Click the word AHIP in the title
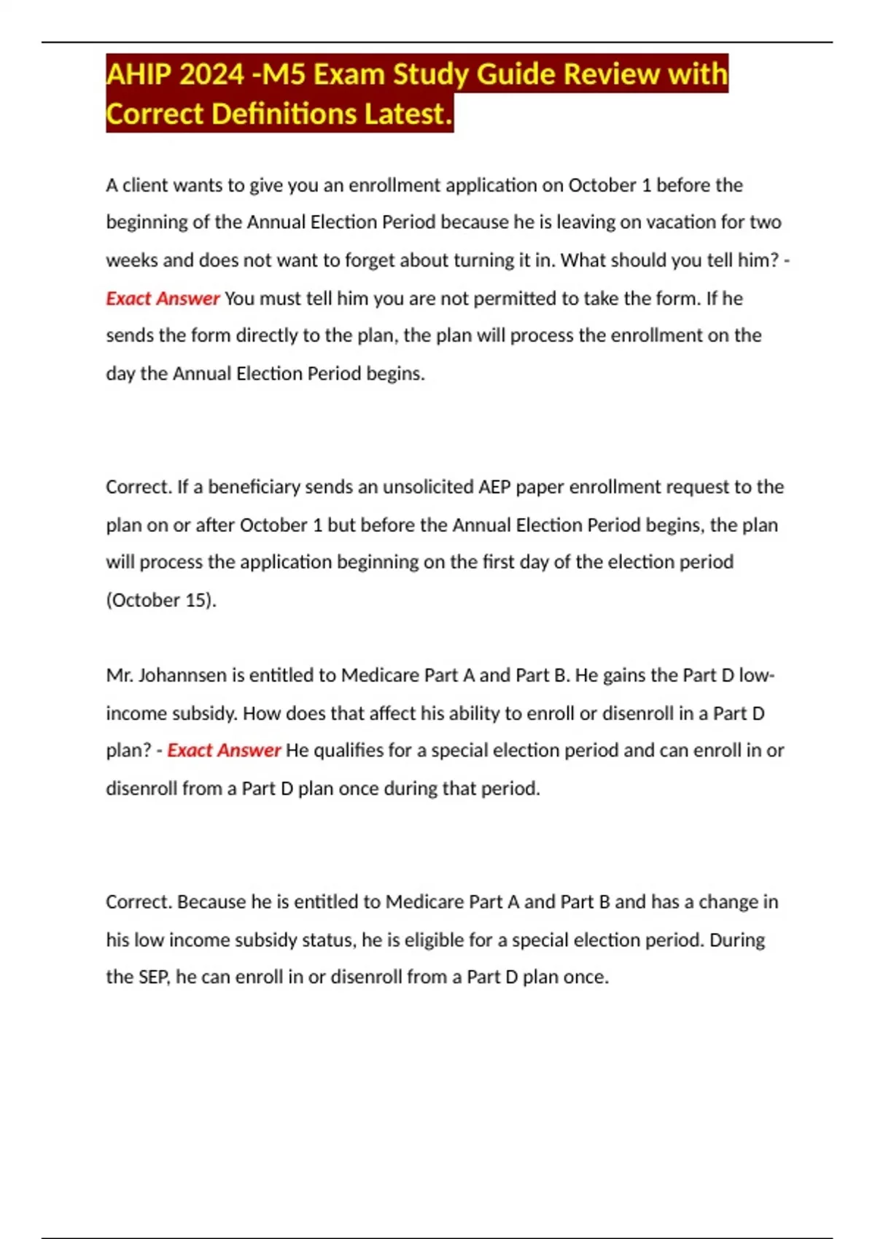(x=138, y=74)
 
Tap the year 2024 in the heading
(x=211, y=74)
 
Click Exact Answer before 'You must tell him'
(x=163, y=298)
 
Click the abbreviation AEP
(x=494, y=487)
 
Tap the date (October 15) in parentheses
(x=161, y=600)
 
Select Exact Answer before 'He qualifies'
(x=224, y=751)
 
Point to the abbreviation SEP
(x=153, y=977)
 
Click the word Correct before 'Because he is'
(x=139, y=902)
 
